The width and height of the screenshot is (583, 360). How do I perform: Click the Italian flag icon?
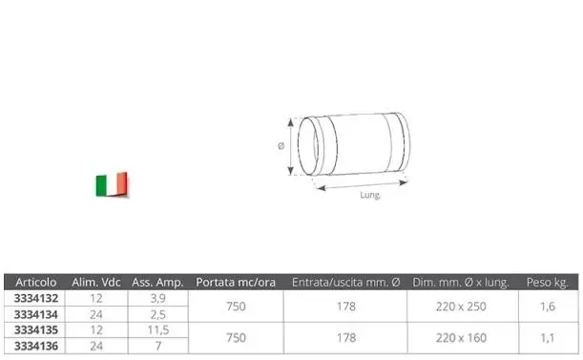(x=112, y=184)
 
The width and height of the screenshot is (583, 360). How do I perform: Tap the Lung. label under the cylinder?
(x=371, y=196)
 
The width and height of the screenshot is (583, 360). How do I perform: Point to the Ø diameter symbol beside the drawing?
(x=281, y=146)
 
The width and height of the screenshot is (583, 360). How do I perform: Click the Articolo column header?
(x=37, y=283)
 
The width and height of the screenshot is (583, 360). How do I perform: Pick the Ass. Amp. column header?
(x=156, y=283)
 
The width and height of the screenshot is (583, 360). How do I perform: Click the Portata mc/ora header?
(x=237, y=283)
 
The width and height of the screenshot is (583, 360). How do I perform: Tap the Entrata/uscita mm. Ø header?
(x=346, y=283)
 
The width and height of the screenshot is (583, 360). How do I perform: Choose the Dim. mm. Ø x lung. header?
(x=463, y=283)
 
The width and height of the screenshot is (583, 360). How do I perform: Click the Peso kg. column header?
(x=548, y=283)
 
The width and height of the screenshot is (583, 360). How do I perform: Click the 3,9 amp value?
(x=157, y=298)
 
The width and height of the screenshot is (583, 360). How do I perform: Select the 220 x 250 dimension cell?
(x=463, y=306)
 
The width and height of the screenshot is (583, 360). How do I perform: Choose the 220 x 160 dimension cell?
(x=463, y=336)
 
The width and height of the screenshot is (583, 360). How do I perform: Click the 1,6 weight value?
(x=548, y=306)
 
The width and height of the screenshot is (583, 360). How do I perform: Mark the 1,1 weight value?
(x=548, y=336)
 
